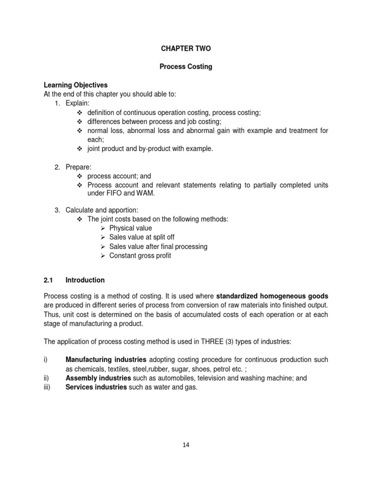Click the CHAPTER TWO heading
click(x=186, y=49)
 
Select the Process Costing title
click(x=186, y=67)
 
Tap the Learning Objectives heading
click(x=76, y=85)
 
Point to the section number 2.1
click(x=48, y=280)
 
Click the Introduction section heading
click(x=85, y=280)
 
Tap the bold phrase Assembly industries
click(x=98, y=378)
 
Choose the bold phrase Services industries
click(x=96, y=387)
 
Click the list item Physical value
click(x=130, y=228)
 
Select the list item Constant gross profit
click(x=140, y=256)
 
